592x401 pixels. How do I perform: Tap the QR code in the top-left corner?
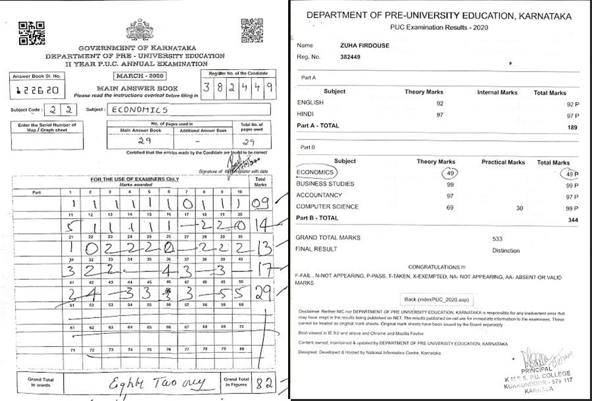coord(31,32)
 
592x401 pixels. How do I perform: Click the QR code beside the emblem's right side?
coord(252,29)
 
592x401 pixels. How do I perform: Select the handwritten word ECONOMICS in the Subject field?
coord(137,110)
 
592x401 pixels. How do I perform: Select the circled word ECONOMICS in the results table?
coord(316,173)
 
